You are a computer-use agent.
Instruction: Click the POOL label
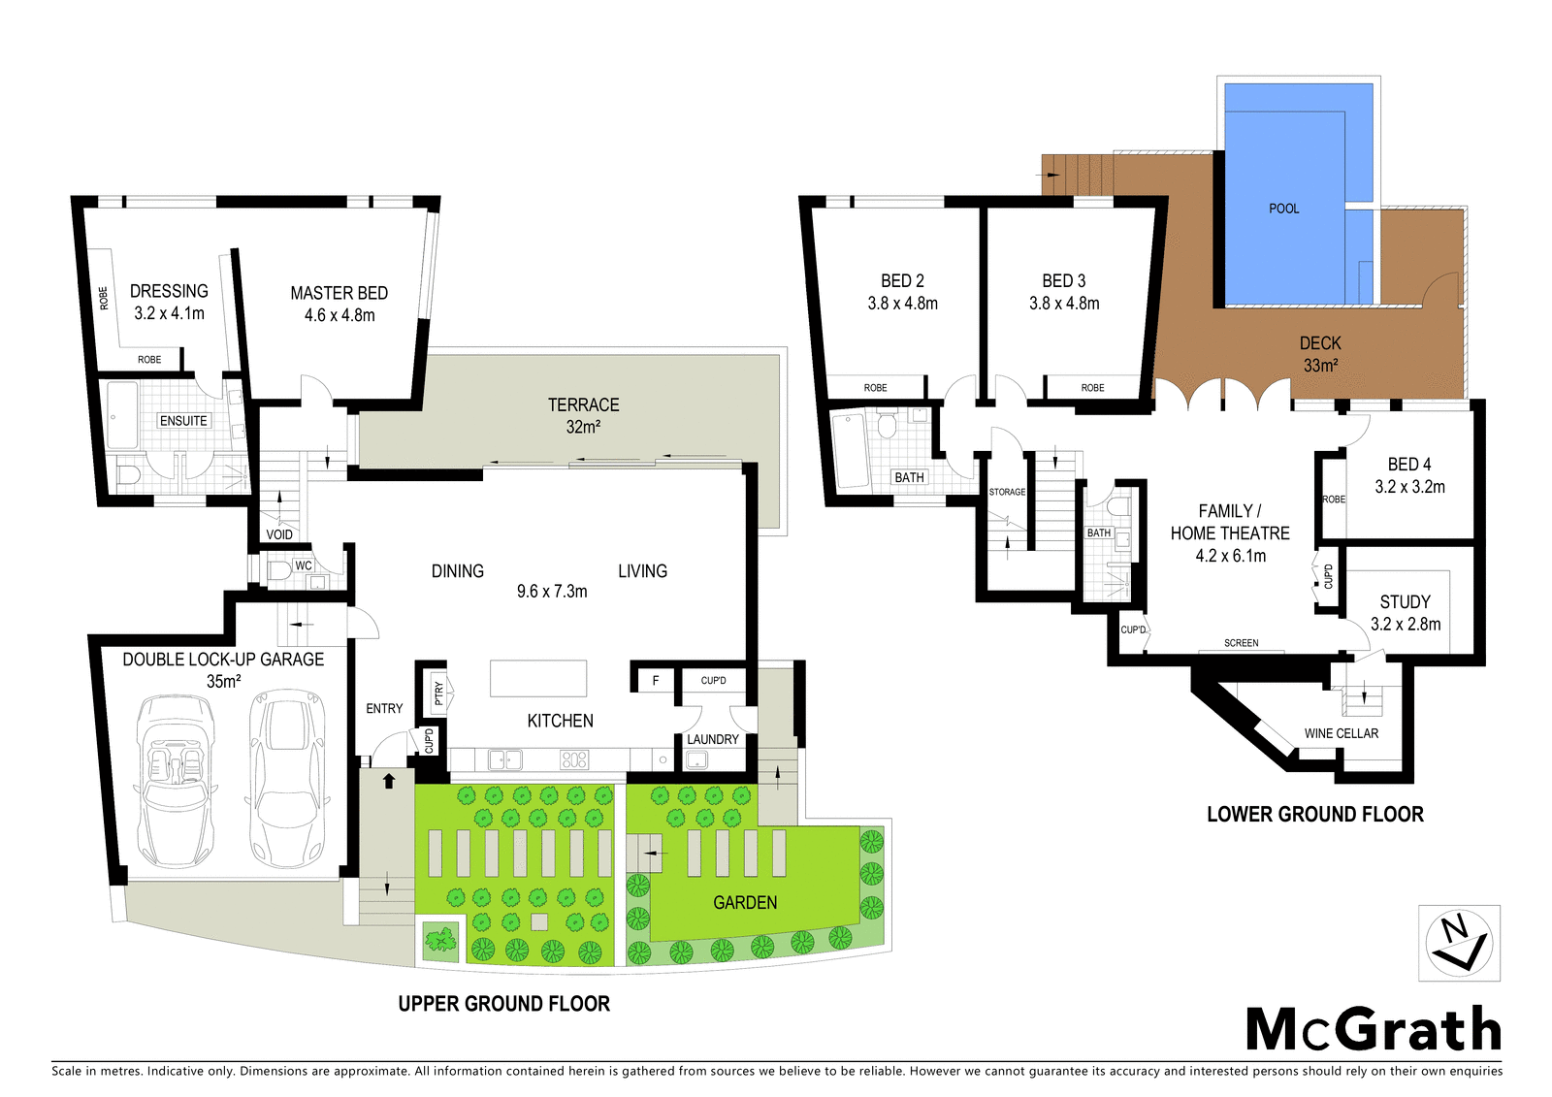1283,209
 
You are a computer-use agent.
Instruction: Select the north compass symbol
1459,943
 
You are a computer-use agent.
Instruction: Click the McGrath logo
1373,1029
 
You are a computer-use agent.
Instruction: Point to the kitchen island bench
538,678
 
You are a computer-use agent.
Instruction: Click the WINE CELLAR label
1341,733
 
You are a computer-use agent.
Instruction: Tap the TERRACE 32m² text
583,415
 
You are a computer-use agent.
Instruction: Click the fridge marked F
656,680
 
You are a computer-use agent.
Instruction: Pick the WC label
304,565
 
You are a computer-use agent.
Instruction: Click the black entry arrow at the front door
389,780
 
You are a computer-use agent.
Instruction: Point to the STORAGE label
1007,492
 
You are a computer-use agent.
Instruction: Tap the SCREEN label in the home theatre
1241,643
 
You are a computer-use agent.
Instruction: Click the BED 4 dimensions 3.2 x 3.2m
1409,487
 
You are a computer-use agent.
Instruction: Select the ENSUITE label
183,420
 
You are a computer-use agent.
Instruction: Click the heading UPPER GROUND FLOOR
503,1004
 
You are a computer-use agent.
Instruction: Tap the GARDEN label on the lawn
745,902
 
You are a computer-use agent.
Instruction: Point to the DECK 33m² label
1320,354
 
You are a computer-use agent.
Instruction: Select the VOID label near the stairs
279,534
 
